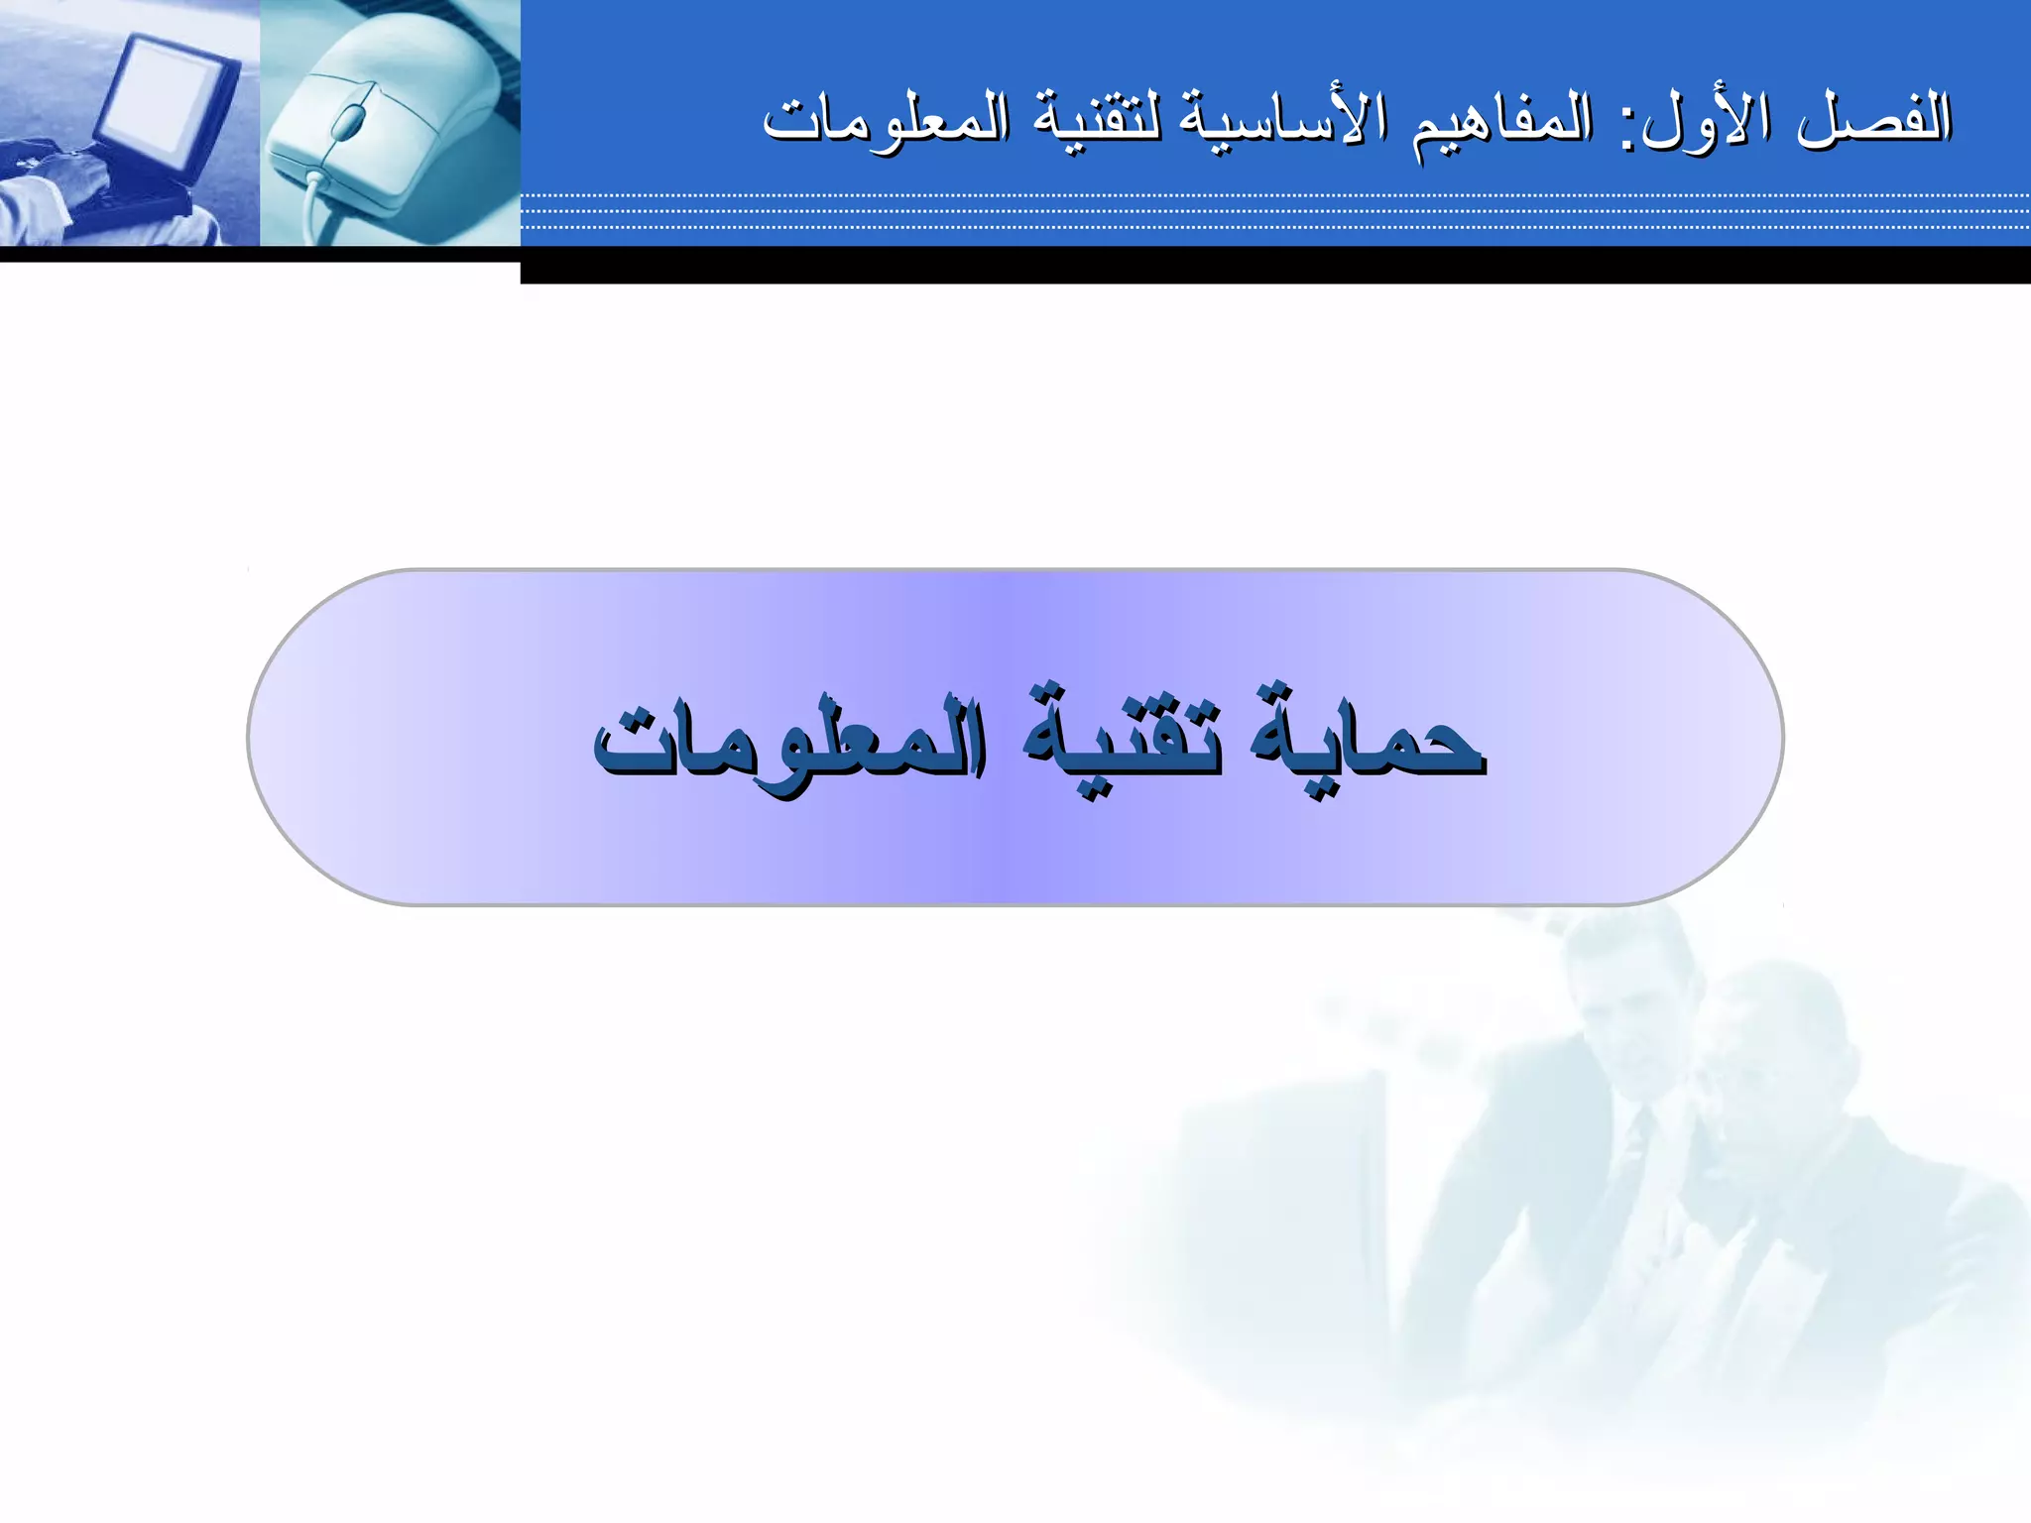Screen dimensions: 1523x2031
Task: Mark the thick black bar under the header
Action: (1274, 265)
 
